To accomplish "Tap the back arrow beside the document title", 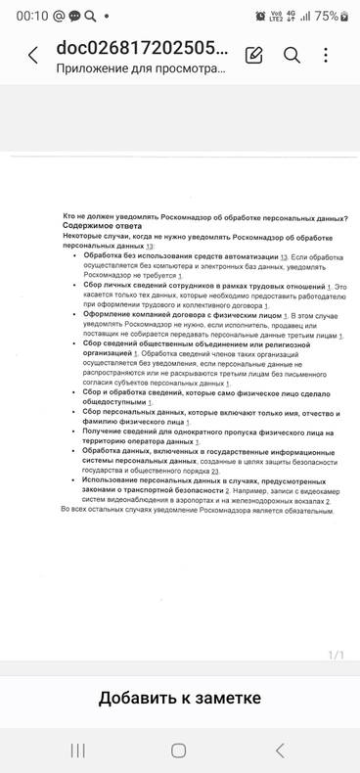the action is tap(32, 56).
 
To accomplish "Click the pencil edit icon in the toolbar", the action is tap(254, 55).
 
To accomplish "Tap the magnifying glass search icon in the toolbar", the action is tap(292, 55).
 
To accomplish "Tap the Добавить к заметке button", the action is tap(179, 698).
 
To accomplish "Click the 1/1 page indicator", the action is tap(335, 655).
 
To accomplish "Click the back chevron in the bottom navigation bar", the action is tap(280, 750).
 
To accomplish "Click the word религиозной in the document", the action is tap(290, 344).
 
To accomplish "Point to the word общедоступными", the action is tap(120, 402).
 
